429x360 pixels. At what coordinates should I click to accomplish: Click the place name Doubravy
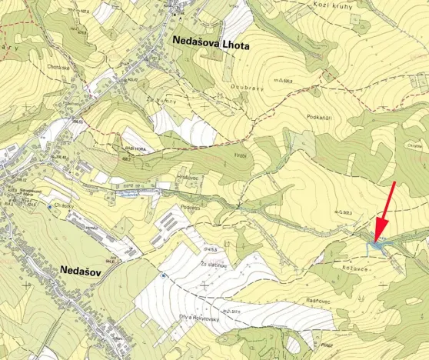point(246,87)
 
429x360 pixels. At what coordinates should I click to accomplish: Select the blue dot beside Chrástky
point(49,207)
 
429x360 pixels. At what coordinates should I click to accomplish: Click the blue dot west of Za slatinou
point(163,275)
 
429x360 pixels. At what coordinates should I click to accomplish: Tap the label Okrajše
point(414,145)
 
